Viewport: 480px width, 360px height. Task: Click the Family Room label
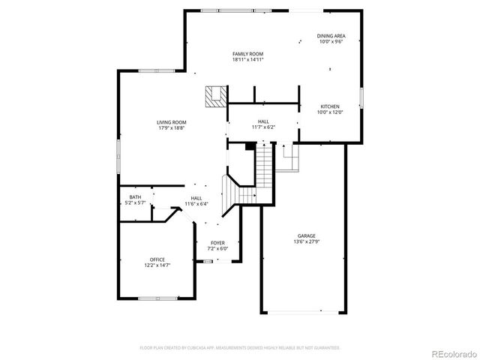247,55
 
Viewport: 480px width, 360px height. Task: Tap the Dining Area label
331,36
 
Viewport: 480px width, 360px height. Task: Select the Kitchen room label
331,106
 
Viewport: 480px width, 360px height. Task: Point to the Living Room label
171,122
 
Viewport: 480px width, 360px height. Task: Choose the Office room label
157,259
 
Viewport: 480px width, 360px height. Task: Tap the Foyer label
217,243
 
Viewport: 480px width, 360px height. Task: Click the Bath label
135,196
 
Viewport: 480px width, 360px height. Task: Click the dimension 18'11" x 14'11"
247,60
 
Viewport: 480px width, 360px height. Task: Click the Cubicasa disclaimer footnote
240,348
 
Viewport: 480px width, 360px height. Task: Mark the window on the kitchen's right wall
361,98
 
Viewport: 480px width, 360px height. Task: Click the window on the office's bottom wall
157,298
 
